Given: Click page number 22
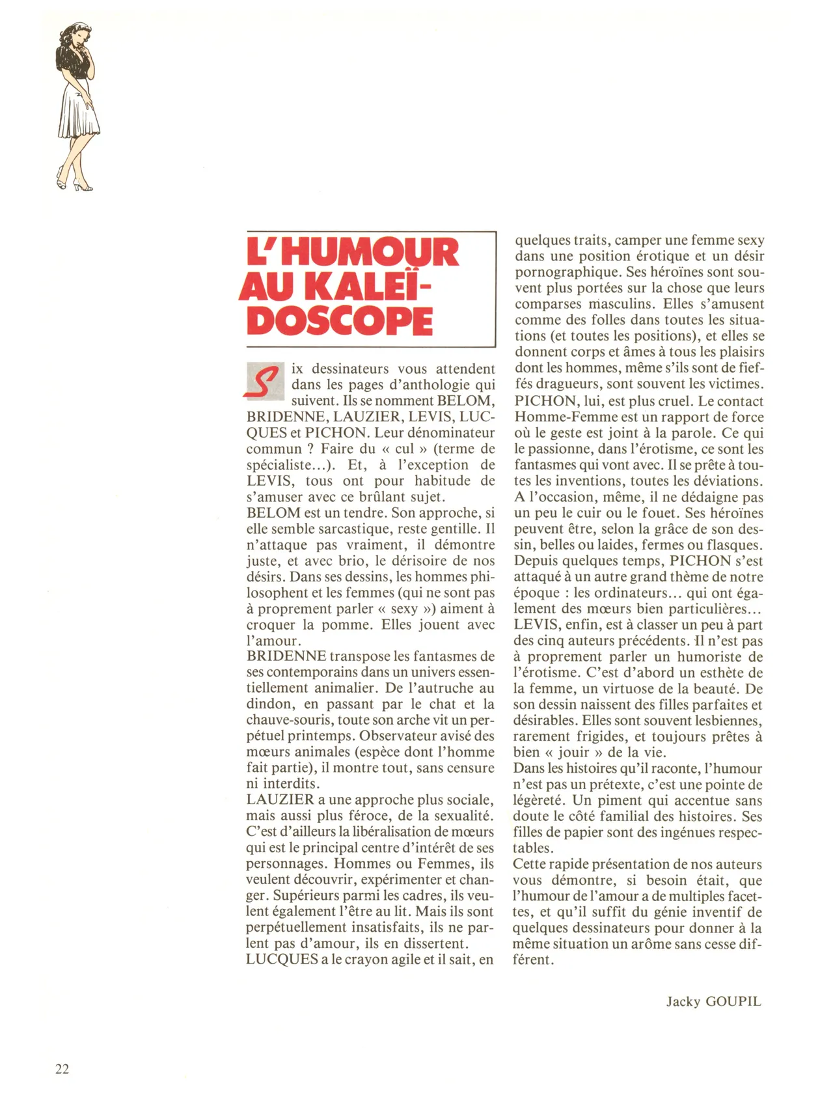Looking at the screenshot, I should coord(62,1068).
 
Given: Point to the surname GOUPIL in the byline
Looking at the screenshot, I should coord(733,1001).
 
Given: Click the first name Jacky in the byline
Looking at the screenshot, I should coord(683,1001).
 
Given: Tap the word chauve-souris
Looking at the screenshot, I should coord(290,720).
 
